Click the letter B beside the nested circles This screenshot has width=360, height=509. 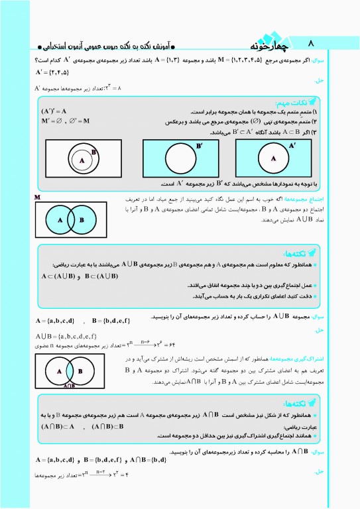pyautogui.click(x=95, y=152)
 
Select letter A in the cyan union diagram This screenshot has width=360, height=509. pyautogui.click(x=60, y=220)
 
